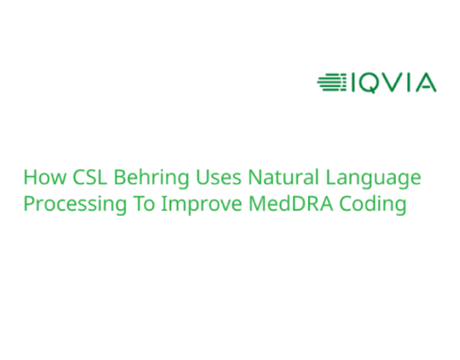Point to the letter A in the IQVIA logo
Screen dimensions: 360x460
coord(426,83)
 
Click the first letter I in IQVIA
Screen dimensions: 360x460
coord(353,83)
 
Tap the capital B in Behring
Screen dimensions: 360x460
coord(120,178)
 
